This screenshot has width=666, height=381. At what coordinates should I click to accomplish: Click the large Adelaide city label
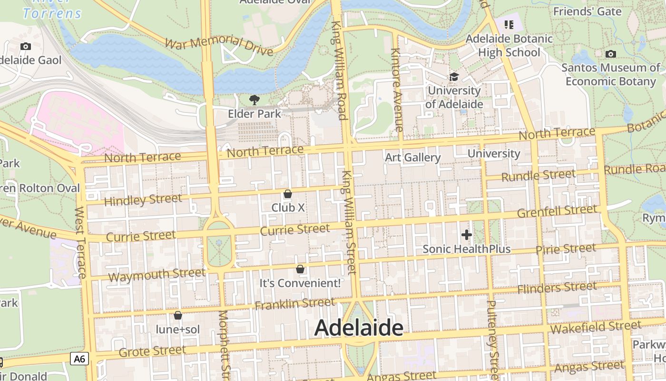[x=359, y=328]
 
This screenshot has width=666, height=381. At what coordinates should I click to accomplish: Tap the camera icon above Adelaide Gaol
[x=26, y=46]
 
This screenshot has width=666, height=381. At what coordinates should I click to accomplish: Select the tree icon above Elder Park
[x=255, y=100]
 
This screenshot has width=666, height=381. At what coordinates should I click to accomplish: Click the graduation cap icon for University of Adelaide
[x=454, y=77]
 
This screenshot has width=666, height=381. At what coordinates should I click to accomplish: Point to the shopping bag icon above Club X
[x=287, y=194]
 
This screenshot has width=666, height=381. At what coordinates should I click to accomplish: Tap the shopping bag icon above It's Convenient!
[x=300, y=269]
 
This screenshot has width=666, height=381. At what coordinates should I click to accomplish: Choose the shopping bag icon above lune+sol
[x=178, y=315]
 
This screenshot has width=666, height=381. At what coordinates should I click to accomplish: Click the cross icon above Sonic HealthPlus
[x=467, y=235]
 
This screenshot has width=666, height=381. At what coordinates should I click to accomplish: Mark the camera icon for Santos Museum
[x=611, y=54]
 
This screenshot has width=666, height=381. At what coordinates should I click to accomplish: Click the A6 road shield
[x=79, y=359]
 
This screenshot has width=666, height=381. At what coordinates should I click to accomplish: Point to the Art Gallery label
[x=413, y=157]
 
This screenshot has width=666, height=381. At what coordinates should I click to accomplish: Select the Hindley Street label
[x=143, y=200]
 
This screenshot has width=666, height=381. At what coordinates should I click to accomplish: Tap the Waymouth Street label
[x=157, y=275]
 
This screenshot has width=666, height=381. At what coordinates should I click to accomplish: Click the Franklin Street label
[x=295, y=303]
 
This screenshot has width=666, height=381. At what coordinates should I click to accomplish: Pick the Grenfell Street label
[x=557, y=211]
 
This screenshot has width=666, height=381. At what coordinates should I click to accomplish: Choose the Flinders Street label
[x=557, y=288]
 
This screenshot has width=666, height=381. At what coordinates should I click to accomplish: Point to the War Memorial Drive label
[x=219, y=46]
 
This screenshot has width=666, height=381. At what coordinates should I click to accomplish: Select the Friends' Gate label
[x=588, y=11]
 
